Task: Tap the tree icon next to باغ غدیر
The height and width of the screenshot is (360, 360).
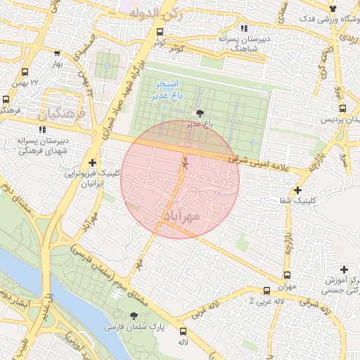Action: pos(200,112)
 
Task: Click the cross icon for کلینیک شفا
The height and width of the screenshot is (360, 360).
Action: pos(298,190)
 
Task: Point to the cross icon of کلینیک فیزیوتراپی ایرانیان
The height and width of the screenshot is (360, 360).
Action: pos(92,162)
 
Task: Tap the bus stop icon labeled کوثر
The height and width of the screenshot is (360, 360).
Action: pos(160,32)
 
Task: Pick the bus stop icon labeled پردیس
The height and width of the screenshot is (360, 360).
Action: pos(342,109)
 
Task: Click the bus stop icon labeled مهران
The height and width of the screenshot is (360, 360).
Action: pos(287,275)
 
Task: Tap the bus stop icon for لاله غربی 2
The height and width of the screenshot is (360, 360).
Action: pos(266,290)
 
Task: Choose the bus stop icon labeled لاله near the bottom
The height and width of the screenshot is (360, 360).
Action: pos(184,331)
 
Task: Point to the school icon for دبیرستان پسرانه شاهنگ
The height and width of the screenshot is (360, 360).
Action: pos(244,29)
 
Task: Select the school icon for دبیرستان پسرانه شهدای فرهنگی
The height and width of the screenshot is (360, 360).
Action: pos(43,129)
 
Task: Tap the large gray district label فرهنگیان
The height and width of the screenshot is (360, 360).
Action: pos(60,112)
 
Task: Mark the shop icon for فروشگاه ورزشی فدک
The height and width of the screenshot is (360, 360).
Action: pos(333,8)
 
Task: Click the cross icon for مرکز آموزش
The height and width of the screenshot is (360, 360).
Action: pos(344,269)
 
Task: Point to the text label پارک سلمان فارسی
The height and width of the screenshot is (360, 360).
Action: pos(127,328)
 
